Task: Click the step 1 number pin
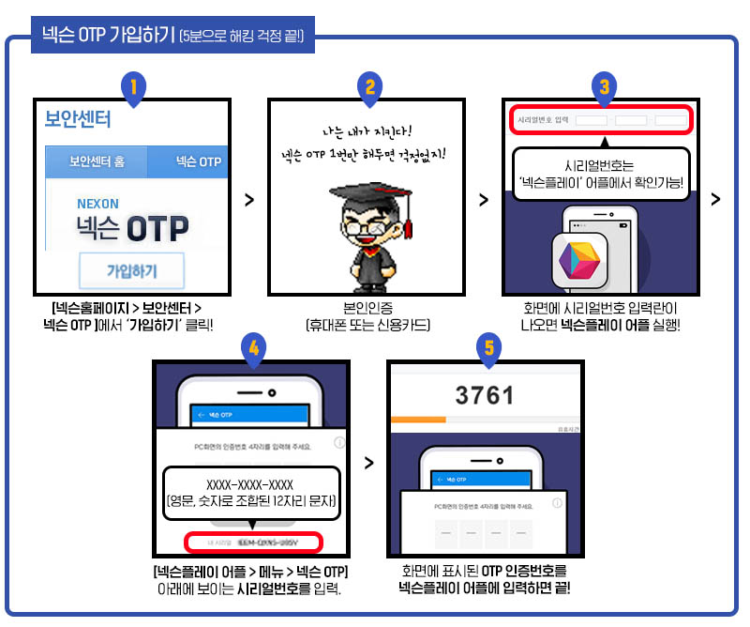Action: pos(134,87)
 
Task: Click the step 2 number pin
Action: pos(370,87)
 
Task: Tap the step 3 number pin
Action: pos(605,87)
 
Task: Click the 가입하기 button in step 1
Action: pos(131,271)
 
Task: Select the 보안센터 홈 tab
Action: pos(96,162)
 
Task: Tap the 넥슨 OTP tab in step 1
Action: pos(198,162)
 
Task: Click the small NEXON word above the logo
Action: pos(97,203)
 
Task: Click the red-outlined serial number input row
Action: pos(601,120)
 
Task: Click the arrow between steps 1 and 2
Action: pos(248,200)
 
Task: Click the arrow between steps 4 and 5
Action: pos(368,463)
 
